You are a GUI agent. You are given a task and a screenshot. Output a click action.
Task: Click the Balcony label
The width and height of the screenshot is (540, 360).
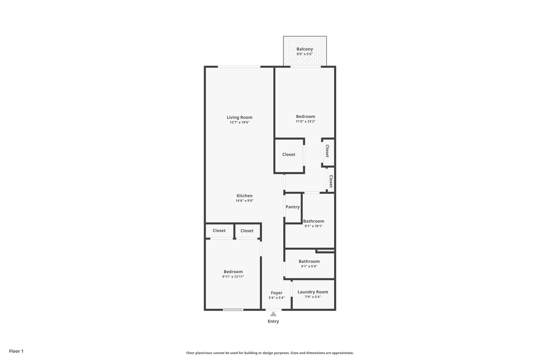305,49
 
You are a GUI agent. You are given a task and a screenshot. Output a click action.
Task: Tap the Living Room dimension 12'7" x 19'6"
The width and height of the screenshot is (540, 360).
239,122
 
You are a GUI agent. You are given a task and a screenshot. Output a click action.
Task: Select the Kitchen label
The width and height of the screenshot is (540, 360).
244,196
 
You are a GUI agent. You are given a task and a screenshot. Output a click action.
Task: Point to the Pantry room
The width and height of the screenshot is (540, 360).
293,207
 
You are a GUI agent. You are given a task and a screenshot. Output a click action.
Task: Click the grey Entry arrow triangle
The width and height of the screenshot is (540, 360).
273,314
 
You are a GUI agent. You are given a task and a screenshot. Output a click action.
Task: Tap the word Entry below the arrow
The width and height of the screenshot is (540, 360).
273,321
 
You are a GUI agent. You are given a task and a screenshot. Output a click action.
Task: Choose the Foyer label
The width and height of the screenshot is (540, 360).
277,293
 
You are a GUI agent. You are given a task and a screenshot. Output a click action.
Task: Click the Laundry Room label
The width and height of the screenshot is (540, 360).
313,292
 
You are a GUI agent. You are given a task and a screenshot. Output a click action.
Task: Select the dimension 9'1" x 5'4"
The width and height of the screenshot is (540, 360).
309,266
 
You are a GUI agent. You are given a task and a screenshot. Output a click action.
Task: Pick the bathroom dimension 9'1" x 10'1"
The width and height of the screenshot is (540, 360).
313,226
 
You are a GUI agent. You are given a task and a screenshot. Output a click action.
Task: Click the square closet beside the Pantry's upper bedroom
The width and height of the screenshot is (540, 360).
289,155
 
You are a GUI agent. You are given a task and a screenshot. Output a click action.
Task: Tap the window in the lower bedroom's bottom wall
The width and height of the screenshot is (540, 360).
233,310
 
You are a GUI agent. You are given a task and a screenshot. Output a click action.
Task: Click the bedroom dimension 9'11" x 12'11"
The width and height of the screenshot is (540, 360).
233,277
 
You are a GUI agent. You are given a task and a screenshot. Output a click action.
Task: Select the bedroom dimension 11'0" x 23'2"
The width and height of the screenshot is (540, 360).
305,122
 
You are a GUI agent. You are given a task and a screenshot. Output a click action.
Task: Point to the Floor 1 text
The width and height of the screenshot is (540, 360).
16,351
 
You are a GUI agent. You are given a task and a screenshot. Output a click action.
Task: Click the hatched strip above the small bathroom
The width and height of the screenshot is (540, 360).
325,250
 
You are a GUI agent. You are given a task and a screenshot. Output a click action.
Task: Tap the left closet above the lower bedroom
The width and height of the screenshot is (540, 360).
219,231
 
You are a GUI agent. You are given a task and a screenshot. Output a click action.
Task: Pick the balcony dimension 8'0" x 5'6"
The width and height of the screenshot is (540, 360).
305,54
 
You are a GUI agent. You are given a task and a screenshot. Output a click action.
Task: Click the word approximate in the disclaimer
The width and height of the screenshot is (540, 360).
343,353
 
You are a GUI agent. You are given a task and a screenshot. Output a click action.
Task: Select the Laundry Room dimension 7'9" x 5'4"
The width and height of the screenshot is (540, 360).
313,297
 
